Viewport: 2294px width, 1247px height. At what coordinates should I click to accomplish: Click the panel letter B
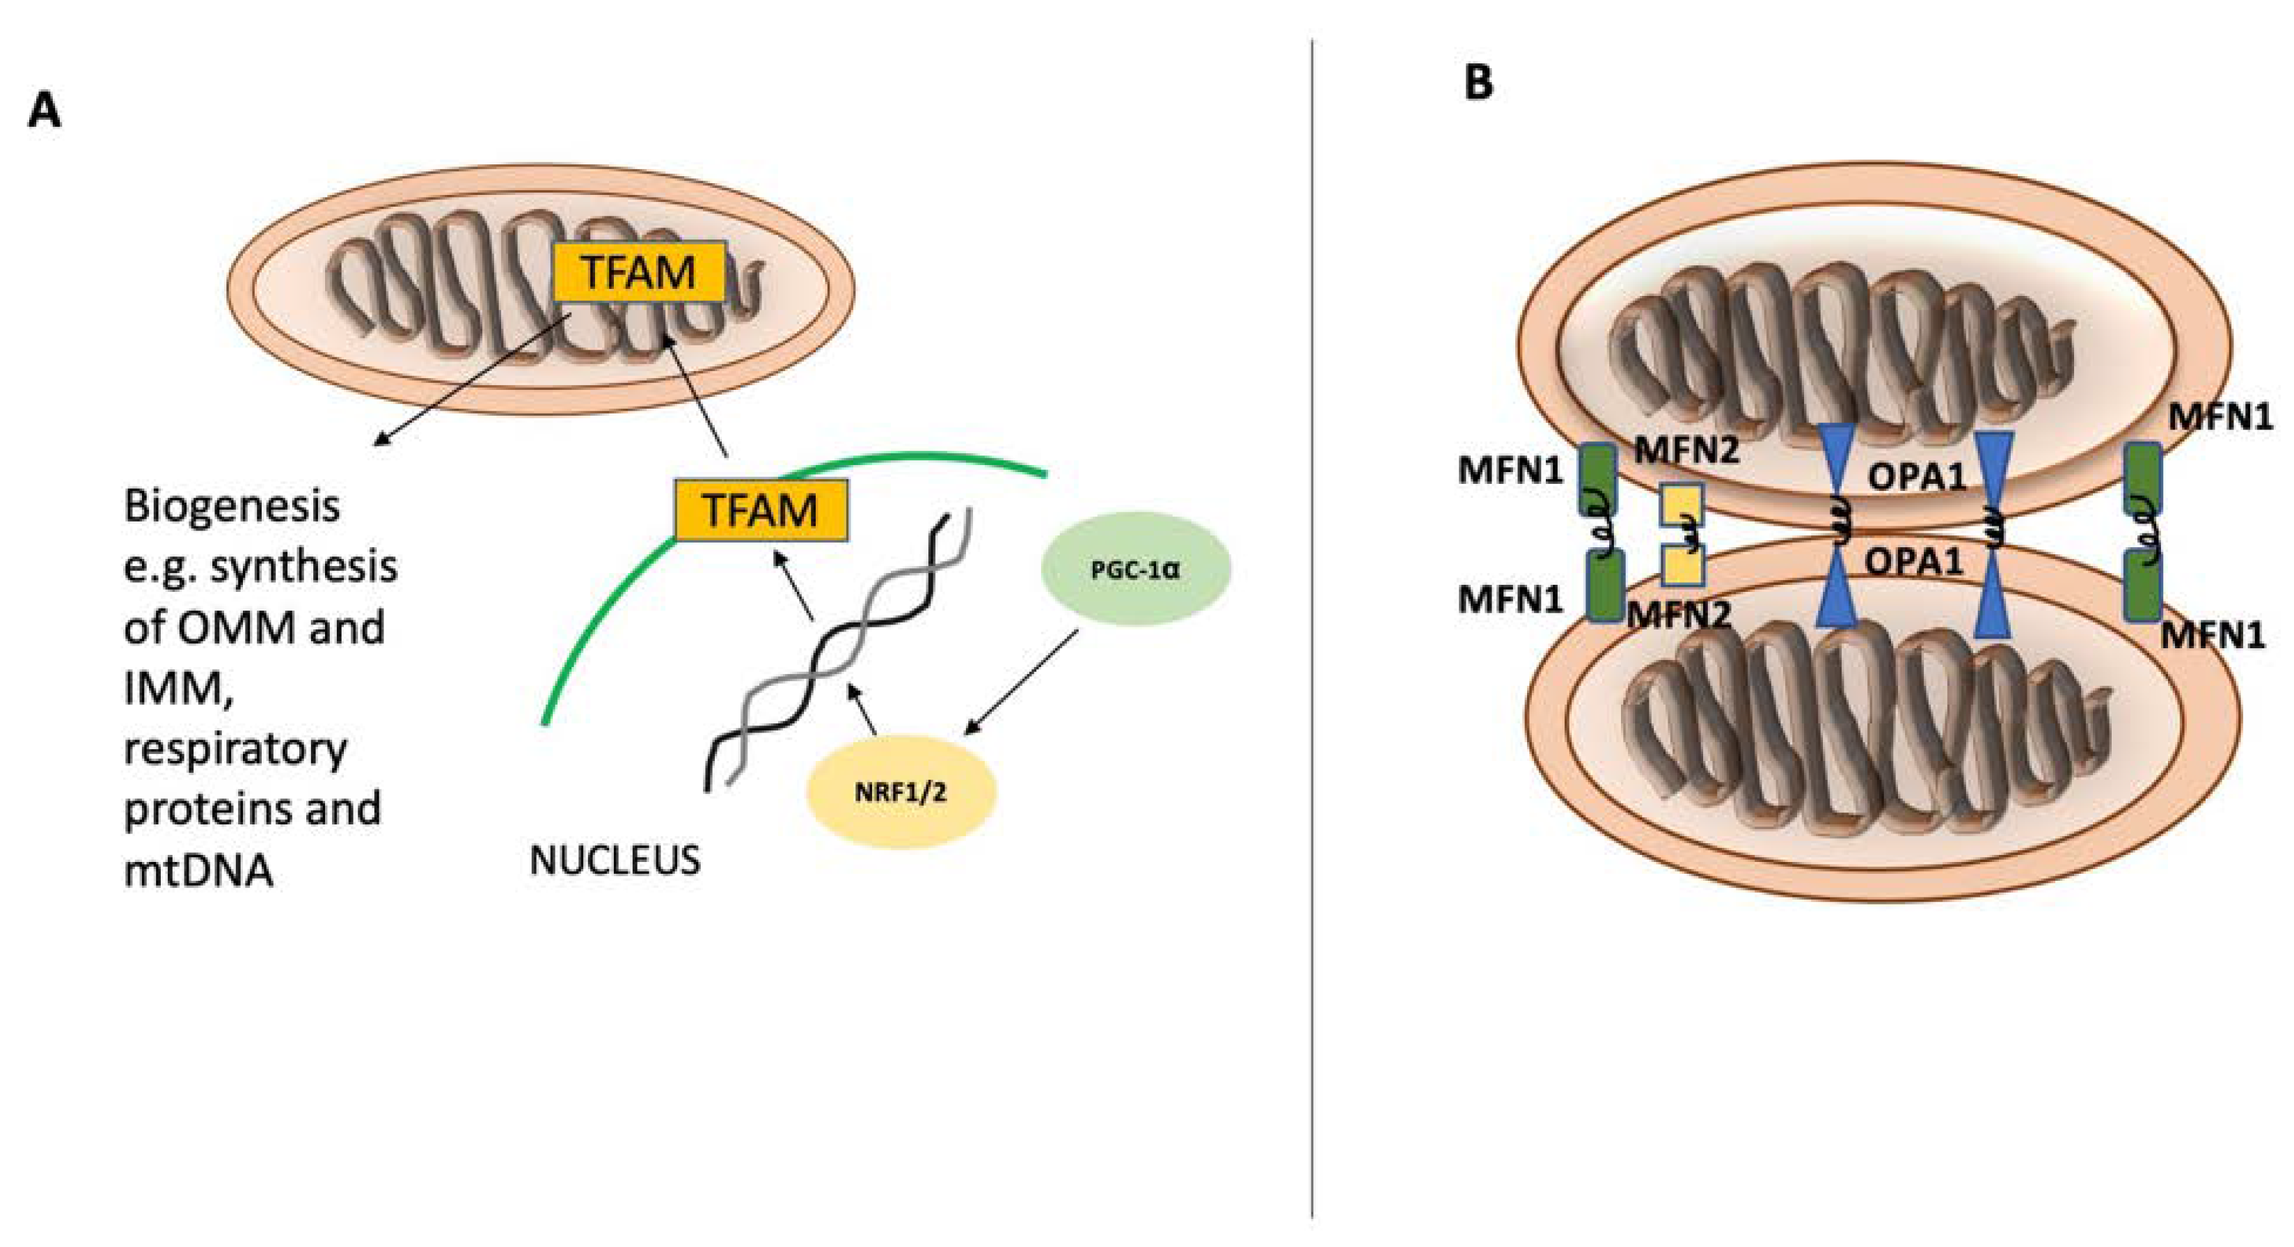point(1478,83)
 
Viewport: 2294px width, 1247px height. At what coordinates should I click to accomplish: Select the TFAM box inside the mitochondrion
point(638,272)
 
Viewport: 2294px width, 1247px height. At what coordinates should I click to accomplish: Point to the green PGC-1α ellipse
point(1135,568)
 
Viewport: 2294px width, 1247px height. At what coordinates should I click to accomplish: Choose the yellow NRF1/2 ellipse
point(901,791)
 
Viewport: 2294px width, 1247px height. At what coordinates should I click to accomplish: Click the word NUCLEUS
point(615,861)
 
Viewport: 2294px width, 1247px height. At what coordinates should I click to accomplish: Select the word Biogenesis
point(232,507)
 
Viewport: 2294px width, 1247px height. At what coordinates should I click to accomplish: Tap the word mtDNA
point(198,870)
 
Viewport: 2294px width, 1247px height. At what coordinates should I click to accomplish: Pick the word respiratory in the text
point(235,749)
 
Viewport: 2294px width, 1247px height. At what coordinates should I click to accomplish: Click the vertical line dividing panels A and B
point(1312,624)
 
